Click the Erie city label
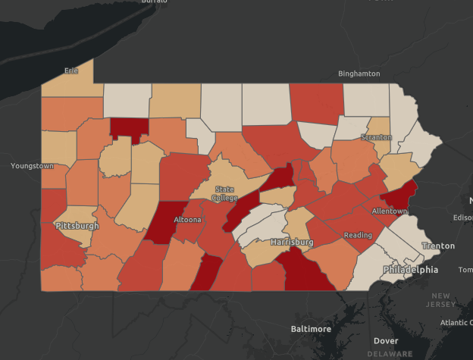coord(71,70)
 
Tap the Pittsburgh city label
coord(77,226)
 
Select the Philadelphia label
coord(410,270)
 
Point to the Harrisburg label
coord(291,243)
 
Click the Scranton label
coord(376,137)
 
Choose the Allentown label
coord(389,211)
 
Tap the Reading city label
coord(358,235)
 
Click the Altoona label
coord(188,220)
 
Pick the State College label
coord(224,193)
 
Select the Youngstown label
coord(33,165)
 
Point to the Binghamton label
coord(359,74)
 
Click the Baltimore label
coord(311,329)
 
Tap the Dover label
coord(385,341)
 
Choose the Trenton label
coord(438,246)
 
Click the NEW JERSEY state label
coord(440,300)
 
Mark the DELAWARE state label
coord(390,354)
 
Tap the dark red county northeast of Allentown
coord(401,195)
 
